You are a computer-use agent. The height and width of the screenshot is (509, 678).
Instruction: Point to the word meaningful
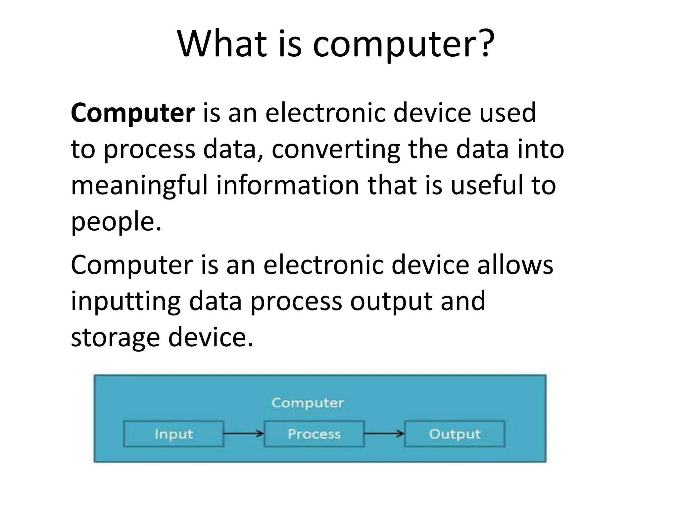point(139,186)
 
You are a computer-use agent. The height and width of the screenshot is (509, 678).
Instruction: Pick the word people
point(116,222)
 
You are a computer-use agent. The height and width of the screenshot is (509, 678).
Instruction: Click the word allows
point(515,265)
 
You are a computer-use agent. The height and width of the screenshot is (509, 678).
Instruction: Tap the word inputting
point(126,302)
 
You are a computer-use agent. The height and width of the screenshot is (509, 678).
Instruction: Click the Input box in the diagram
point(173,434)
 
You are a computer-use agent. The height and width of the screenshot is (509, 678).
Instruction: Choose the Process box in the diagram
point(314,434)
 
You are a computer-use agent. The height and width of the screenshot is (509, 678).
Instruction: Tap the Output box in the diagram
point(455,434)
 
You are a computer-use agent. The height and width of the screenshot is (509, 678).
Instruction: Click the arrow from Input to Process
point(244,433)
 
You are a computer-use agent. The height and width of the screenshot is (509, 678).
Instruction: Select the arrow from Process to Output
point(384,433)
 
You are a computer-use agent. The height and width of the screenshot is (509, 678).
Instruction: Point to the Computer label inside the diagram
point(308,403)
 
